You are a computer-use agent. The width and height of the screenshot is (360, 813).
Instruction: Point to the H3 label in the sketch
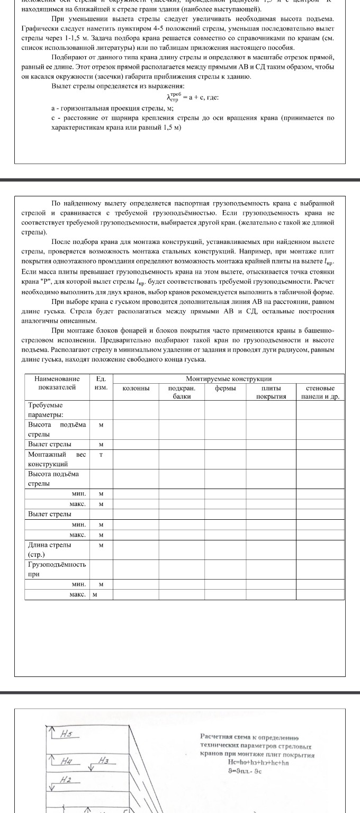click(x=104, y=761)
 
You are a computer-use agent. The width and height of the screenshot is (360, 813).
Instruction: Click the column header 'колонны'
click(x=136, y=389)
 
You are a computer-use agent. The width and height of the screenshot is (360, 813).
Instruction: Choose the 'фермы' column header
click(x=226, y=389)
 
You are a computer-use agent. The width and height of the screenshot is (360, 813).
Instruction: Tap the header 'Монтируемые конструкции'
click(x=229, y=379)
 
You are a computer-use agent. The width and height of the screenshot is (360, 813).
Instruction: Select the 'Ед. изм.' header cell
click(x=101, y=383)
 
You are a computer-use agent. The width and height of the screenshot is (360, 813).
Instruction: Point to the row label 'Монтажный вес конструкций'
click(x=57, y=459)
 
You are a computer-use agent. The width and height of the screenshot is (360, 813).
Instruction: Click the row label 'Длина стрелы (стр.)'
click(x=50, y=548)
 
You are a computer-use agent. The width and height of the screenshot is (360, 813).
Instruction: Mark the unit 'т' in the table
click(x=101, y=455)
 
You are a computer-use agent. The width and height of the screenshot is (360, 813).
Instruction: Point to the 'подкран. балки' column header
click(x=182, y=392)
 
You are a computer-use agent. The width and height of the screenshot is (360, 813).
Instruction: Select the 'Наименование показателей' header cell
click(x=57, y=383)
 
